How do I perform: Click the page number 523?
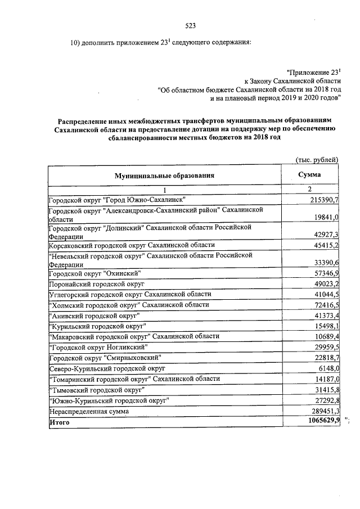click(x=190, y=25)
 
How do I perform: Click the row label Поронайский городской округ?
click(x=97, y=284)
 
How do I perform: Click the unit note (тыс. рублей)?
click(x=317, y=160)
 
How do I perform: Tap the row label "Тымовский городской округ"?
click(x=96, y=389)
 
